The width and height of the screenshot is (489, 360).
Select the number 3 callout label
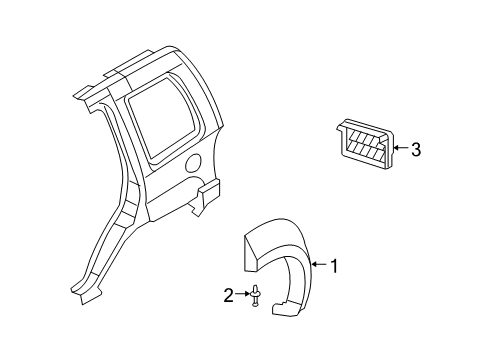click(416, 151)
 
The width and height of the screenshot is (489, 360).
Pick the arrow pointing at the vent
click(400, 151)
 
